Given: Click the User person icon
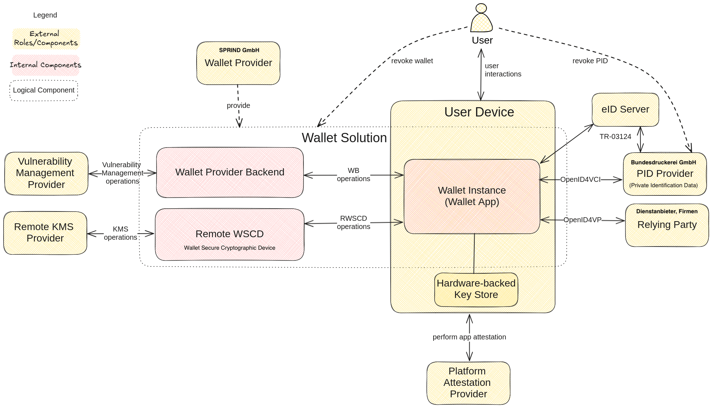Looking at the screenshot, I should tap(481, 19).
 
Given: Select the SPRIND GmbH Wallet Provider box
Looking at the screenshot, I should tap(238, 63).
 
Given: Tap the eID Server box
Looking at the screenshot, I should tap(625, 110).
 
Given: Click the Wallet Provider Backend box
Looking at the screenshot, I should tap(230, 172).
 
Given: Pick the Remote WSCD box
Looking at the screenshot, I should tap(229, 235).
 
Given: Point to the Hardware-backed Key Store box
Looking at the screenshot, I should tap(476, 289).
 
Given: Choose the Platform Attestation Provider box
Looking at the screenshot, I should tap(468, 383).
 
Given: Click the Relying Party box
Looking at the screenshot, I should tap(667, 225).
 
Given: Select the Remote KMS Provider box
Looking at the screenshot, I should tap(45, 233).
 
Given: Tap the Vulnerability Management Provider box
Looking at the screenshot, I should tap(46, 173).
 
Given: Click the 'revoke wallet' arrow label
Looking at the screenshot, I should tap(412, 61).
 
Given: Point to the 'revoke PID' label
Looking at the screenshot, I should tap(590, 61).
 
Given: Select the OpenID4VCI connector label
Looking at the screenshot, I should tap(580, 179).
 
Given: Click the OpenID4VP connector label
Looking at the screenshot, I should tap(582, 220).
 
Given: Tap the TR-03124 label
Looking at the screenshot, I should tap(615, 136).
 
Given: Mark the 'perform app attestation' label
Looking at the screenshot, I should tap(469, 337).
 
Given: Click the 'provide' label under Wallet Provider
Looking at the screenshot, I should tap(238, 105).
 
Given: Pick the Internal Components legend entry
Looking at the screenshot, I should tap(45, 65).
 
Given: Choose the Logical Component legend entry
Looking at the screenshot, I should tap(44, 90).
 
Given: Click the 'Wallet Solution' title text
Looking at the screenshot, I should tap(344, 138).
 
